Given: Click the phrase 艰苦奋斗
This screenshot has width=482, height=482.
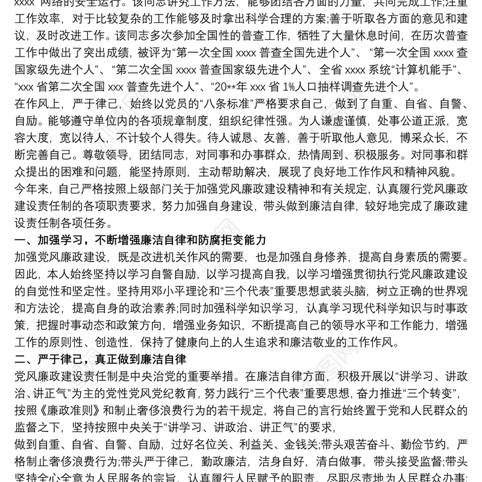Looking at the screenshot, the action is (371, 444).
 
